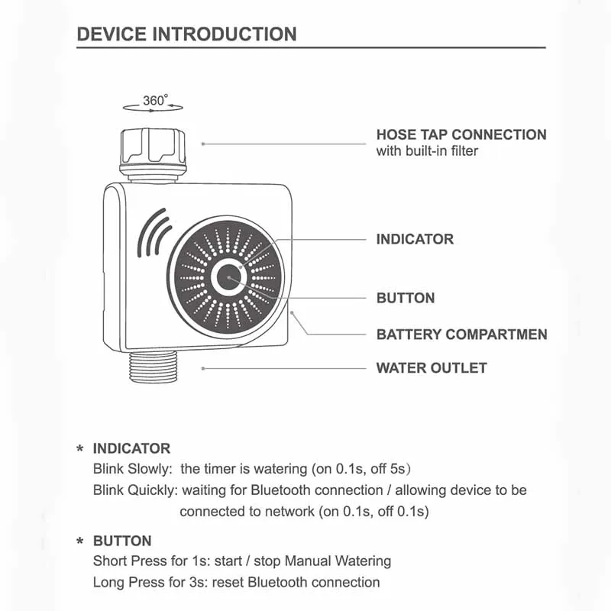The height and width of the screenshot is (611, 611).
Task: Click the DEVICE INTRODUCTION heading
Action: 186,34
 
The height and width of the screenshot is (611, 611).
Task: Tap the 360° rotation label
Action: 156,100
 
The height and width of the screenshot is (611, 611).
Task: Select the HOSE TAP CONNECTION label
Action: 461,135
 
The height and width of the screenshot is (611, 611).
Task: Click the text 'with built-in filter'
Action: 427,150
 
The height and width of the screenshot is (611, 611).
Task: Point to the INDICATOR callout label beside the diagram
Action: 415,239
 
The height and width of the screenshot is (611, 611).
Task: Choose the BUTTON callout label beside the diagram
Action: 406,298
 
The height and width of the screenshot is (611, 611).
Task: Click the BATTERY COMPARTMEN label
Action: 462,335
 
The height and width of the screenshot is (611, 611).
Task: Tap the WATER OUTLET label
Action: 432,368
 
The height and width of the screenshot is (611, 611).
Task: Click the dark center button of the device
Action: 228,277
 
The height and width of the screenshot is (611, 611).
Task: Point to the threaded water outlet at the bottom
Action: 154,367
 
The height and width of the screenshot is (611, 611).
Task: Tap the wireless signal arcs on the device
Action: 154,233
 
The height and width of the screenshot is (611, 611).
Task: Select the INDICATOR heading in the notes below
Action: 131,448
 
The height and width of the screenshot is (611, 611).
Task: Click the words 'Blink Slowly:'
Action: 132,469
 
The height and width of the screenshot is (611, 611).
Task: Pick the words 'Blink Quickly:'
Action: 135,490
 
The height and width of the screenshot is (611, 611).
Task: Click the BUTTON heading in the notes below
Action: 122,541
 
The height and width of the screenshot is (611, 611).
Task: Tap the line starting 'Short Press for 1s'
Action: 242,561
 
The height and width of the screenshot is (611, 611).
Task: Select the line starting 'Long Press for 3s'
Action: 237,582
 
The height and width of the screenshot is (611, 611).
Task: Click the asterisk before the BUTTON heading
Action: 80,541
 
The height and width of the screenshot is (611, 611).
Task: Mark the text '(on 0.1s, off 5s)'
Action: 361,469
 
